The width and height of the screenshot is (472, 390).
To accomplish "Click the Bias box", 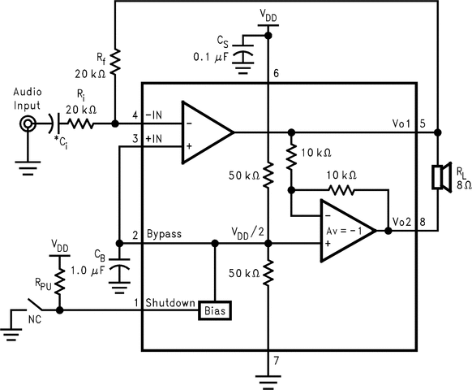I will (214, 310).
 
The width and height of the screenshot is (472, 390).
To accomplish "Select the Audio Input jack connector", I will (29, 124).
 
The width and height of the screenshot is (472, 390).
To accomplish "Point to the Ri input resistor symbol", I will (79, 124).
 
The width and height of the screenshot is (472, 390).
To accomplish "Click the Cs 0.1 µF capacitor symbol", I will (242, 58).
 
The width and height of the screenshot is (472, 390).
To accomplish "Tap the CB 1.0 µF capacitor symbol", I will (120, 271).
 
